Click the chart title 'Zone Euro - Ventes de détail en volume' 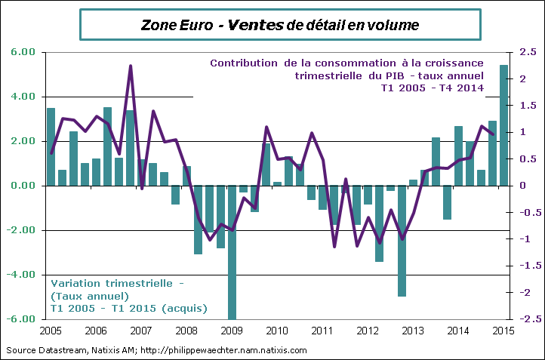(280, 25)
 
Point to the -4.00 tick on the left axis (23, 275)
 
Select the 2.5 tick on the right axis (528, 52)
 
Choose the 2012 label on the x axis (368, 331)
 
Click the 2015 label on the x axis (503, 331)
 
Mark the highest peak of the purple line (131, 66)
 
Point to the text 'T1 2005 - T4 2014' (432, 88)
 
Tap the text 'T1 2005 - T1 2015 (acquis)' (128, 308)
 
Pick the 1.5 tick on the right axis (528, 106)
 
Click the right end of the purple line (493, 134)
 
